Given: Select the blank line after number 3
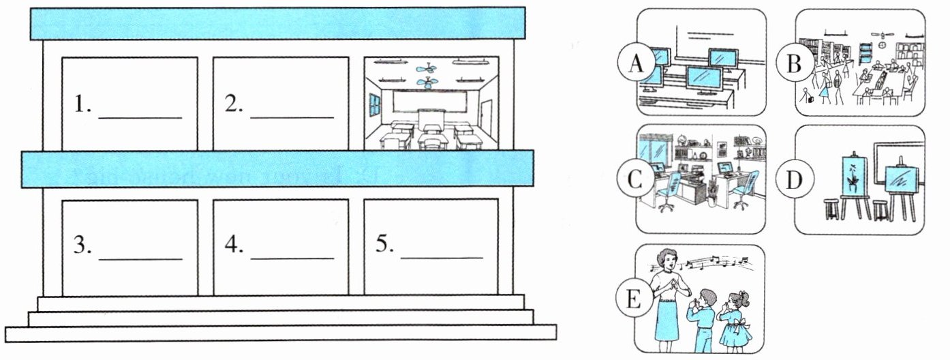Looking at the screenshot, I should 140,258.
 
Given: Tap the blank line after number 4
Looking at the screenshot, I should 292,258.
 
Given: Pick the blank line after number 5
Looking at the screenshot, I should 442,258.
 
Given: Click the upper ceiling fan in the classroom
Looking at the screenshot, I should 427,68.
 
